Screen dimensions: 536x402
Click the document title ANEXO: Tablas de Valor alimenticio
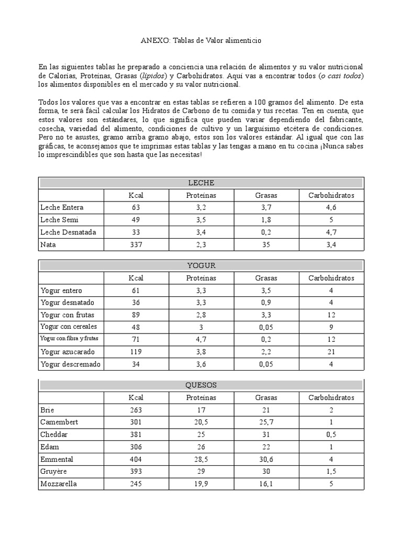(x=201, y=40)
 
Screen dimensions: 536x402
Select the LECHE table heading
(x=201, y=183)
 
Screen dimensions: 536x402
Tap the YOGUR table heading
(x=201, y=265)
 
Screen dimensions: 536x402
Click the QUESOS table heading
(x=201, y=385)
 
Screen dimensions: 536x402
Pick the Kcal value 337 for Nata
(x=136, y=244)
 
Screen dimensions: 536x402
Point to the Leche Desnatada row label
(x=64, y=232)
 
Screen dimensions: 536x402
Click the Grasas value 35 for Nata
(x=266, y=244)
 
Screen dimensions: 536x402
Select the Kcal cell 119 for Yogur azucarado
(x=136, y=352)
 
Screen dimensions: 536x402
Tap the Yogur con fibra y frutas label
(x=69, y=339)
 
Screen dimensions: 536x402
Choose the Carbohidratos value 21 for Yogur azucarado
(x=331, y=352)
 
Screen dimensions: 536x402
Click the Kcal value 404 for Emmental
(x=136, y=459)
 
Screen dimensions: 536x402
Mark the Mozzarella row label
(x=59, y=484)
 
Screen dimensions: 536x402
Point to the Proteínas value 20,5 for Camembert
(x=201, y=422)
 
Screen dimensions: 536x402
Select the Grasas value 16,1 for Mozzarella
(x=266, y=484)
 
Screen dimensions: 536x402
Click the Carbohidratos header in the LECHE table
(x=331, y=195)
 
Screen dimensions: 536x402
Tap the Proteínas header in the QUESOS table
(x=201, y=398)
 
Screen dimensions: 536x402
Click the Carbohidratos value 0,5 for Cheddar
(x=331, y=434)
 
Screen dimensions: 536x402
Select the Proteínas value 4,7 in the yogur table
(x=201, y=339)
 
